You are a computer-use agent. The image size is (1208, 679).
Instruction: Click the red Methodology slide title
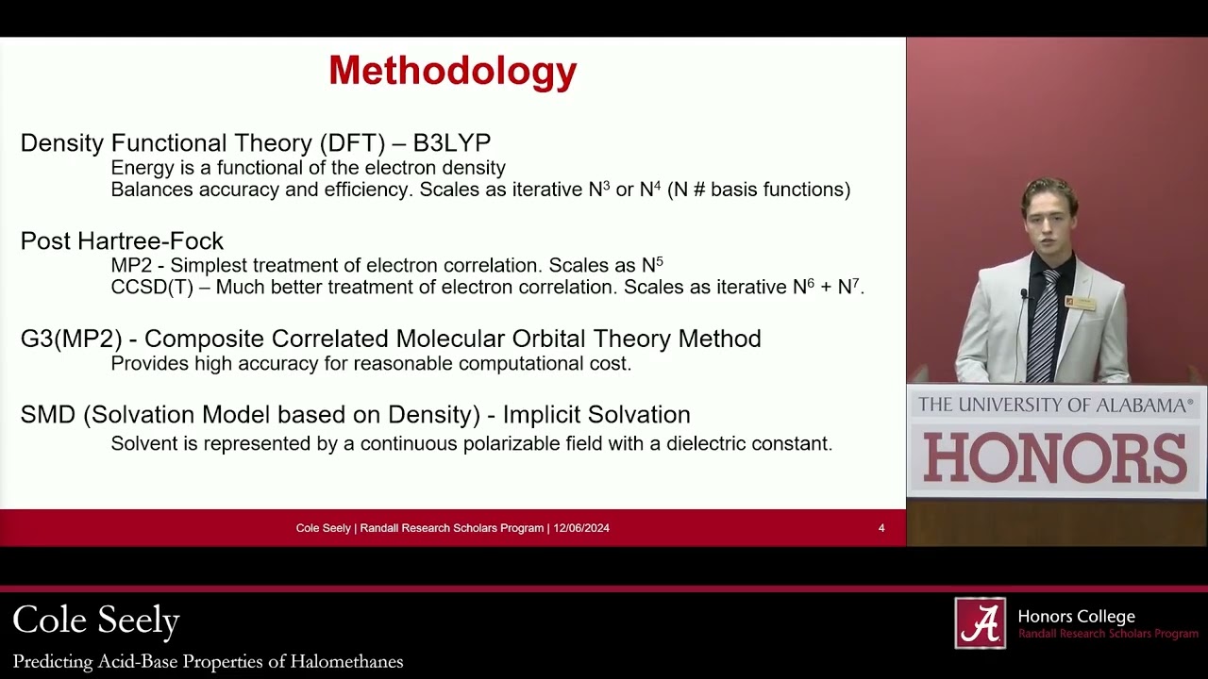click(452, 71)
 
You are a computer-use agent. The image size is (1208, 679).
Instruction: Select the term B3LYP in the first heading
click(452, 143)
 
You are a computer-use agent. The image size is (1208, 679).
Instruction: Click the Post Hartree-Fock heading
click(122, 241)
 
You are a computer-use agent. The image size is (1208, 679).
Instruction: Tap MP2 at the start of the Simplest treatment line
click(131, 265)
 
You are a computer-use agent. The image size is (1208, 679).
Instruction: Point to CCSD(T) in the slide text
click(152, 287)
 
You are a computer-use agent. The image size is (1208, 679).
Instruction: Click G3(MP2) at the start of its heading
click(72, 339)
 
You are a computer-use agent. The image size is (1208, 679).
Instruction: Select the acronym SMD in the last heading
click(47, 415)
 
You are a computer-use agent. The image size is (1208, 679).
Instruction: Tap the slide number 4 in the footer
click(881, 528)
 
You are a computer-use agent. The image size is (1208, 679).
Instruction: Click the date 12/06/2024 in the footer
click(581, 528)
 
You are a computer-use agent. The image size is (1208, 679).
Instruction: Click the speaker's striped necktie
click(1043, 325)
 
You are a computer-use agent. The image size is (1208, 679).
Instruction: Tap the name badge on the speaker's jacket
click(1081, 303)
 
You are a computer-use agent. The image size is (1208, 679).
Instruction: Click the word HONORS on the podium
click(1055, 457)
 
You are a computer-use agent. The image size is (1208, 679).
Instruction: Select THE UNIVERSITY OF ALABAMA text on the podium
click(1055, 406)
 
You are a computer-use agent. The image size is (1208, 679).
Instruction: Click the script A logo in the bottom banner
click(980, 623)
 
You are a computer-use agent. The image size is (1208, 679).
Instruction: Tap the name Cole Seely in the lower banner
click(96, 621)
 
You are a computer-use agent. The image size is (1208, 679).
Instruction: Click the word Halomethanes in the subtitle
click(349, 662)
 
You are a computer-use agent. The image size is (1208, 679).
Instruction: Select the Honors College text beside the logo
click(1076, 617)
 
